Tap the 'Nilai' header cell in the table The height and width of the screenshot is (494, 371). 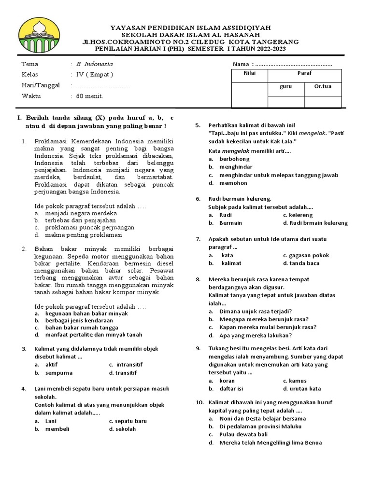[249, 73]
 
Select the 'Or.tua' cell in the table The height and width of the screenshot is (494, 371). [323, 87]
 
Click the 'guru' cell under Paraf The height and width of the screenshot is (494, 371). [285, 87]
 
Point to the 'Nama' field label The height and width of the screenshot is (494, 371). [241, 64]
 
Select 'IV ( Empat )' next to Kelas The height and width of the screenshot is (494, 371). [92, 74]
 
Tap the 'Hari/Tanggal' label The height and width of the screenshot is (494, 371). [41, 85]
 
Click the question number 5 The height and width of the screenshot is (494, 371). [198, 125]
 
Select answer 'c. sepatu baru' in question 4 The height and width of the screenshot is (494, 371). [128, 421]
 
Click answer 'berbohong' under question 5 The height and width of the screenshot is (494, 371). [234, 158]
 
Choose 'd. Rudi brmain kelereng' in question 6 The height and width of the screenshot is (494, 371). [315, 223]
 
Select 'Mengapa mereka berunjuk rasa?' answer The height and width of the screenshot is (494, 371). [264, 319]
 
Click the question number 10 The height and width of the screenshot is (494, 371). [200, 402]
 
